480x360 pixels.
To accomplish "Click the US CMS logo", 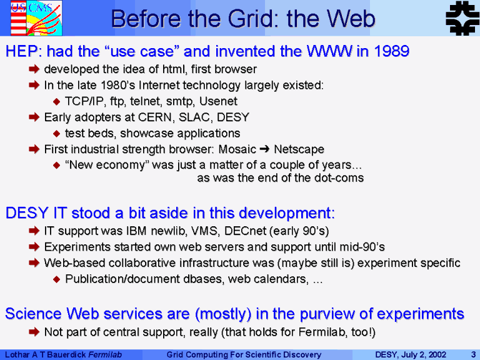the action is (x=36, y=18).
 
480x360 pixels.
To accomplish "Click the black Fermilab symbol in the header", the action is (x=462, y=18).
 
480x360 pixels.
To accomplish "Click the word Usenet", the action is (x=218, y=101).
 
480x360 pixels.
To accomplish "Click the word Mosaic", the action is (x=237, y=149).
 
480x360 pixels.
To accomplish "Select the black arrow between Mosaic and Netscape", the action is (x=265, y=149).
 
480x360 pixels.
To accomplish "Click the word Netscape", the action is (x=299, y=149).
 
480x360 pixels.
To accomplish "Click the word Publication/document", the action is (x=122, y=279).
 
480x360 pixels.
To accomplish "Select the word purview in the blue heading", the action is (x=332, y=314).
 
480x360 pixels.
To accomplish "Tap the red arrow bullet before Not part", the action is (x=34, y=331).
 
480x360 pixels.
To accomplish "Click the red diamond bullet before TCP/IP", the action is (x=56, y=101).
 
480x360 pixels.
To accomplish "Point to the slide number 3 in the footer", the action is (x=473, y=355).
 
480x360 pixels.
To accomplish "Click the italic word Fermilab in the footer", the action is (x=105, y=355).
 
